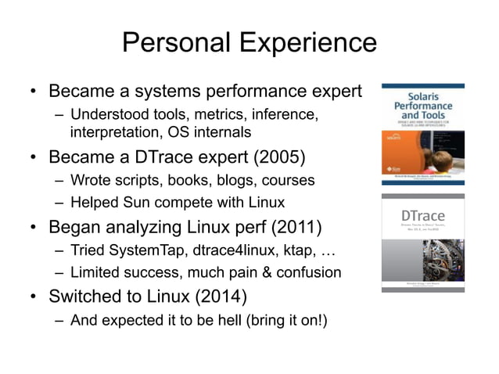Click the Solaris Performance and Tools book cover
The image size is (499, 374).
click(422, 134)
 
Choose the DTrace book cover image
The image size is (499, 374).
click(422, 243)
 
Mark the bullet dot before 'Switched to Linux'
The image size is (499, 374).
click(34, 299)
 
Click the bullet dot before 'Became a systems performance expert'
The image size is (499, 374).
click(34, 92)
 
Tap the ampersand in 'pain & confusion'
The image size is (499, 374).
click(271, 272)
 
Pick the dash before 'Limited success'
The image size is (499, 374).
click(59, 272)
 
